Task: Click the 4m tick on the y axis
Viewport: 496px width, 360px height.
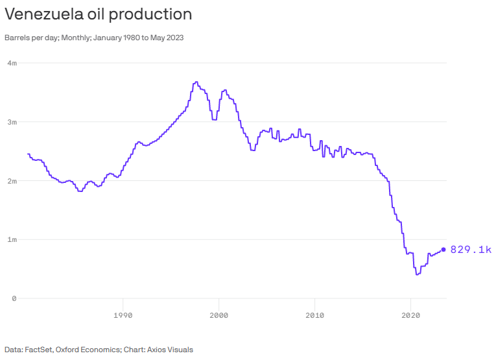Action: point(12,63)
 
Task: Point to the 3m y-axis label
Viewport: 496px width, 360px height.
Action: point(12,122)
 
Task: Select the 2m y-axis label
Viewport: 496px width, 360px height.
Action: point(12,180)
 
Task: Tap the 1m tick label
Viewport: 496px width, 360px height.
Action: point(12,239)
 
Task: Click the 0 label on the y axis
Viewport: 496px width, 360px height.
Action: point(14,298)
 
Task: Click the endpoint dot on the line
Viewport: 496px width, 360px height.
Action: point(443,250)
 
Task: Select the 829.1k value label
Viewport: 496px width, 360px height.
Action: point(471,250)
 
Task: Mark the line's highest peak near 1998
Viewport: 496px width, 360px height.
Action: point(196,82)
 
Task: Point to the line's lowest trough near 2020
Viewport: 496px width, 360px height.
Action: point(418,274)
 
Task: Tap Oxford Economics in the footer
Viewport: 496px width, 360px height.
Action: point(87,350)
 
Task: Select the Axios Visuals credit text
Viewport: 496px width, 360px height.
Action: point(169,350)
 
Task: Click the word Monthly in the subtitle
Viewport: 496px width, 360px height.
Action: point(74,38)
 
